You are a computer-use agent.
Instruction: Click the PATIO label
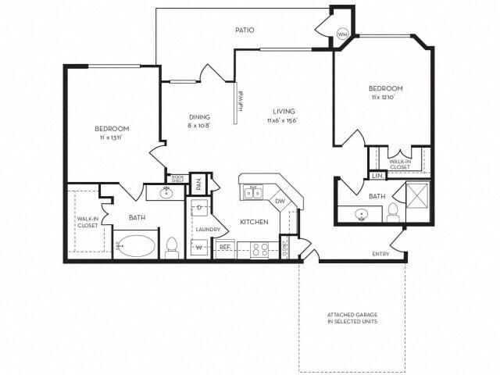point(245,30)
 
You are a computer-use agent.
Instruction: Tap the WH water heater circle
point(342,34)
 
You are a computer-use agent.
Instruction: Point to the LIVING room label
point(283,111)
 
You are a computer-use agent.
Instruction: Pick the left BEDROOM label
point(112,128)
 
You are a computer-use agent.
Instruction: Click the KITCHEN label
point(254,222)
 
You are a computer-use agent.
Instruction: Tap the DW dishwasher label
point(280,202)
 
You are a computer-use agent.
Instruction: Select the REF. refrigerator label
point(224,246)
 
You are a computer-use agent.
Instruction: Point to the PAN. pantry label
point(198,184)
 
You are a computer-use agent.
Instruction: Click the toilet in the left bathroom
point(173,247)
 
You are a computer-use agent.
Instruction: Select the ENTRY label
point(380,254)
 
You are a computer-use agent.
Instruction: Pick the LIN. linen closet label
point(377,177)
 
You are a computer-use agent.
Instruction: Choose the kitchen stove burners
point(259,250)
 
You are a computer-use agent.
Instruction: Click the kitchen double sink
point(252,191)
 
